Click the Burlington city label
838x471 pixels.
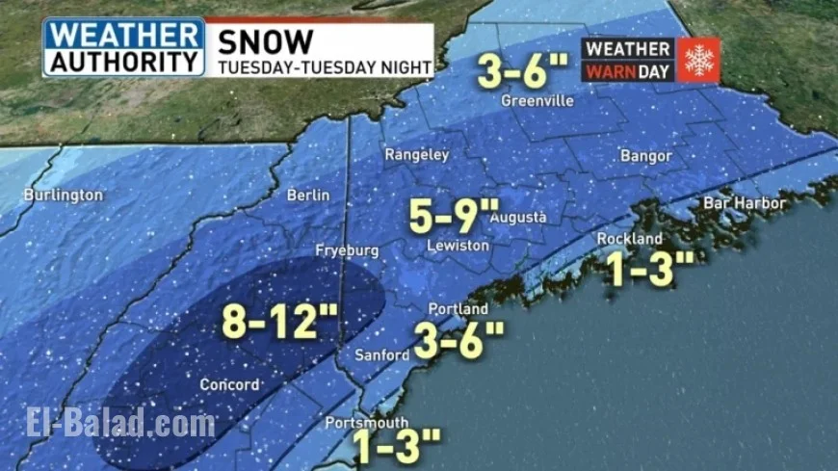coord(63,196)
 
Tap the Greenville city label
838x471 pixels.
coord(537,101)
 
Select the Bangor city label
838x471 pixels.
coord(645,155)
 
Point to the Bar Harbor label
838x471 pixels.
coord(745,203)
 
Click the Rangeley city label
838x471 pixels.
coord(417,154)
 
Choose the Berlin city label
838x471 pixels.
coord(308,196)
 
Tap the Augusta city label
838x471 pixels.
coord(519,218)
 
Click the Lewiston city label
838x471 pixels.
coord(459,247)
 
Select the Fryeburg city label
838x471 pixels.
coord(347,250)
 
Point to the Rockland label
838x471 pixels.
coord(630,239)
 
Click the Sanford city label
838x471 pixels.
coord(382,355)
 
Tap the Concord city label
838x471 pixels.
coord(229,385)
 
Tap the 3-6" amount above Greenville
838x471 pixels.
coord(524,70)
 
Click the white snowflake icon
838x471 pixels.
coord(698,60)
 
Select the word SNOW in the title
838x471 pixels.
coord(266,41)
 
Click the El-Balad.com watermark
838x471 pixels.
coord(120,422)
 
